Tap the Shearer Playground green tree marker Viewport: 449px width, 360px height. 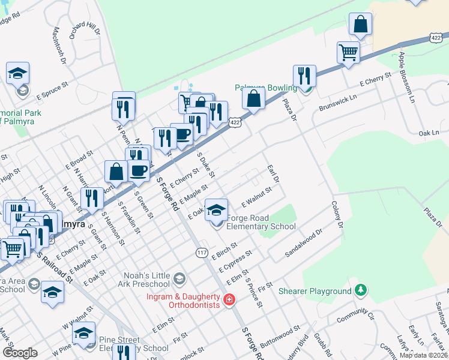(360, 291)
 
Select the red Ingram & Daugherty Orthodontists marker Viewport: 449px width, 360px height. (228, 300)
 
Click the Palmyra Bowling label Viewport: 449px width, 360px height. (266, 88)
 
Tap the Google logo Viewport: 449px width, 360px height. (20, 353)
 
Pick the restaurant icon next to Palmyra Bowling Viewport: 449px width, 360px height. (304, 76)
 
